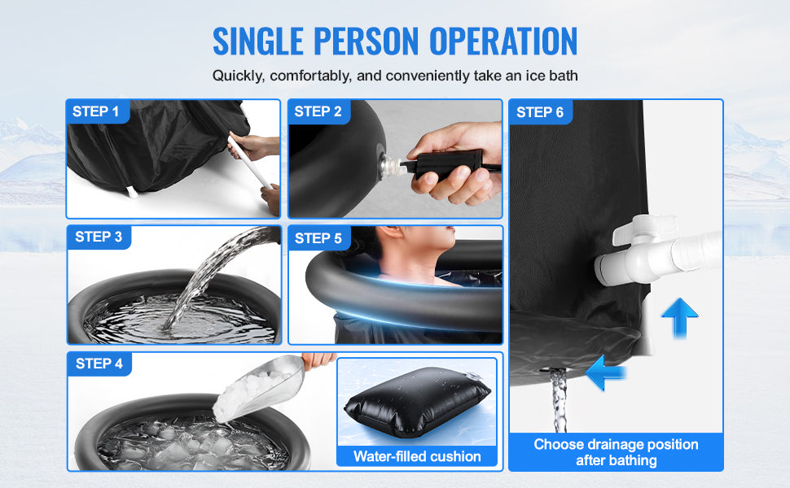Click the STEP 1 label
(95, 111)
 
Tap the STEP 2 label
(318, 111)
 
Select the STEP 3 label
(99, 237)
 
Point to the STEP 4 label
(99, 364)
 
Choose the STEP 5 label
(318, 238)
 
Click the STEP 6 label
(539, 111)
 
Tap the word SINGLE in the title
(268, 41)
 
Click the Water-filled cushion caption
(416, 456)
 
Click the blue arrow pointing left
(605, 373)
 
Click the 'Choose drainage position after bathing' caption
(616, 451)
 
